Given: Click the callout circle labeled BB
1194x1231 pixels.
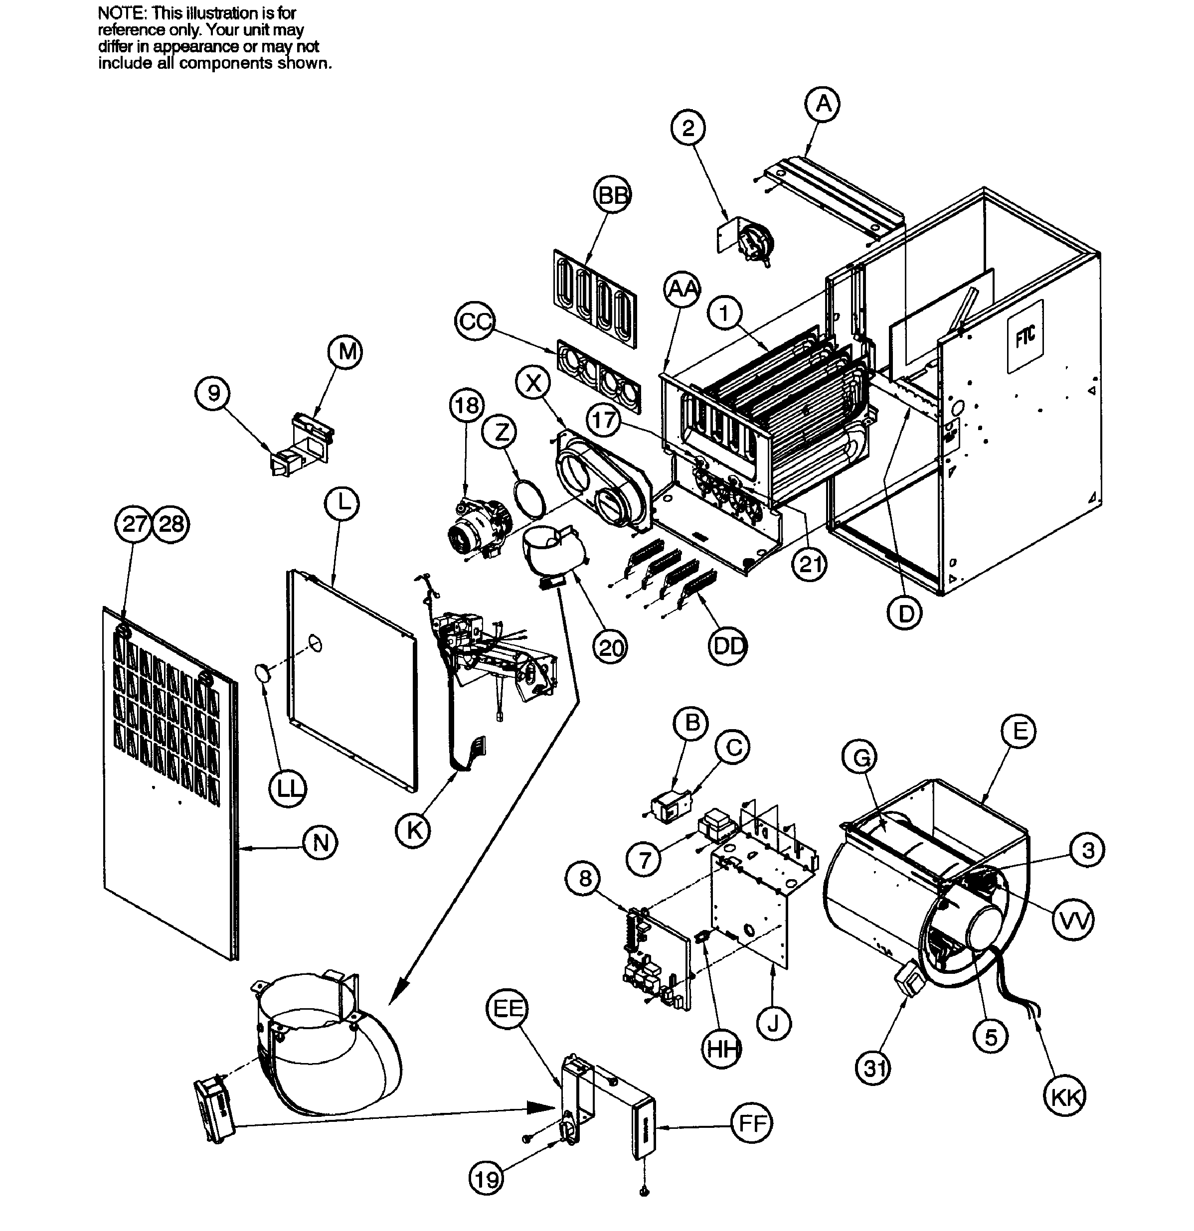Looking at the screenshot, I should [612, 195].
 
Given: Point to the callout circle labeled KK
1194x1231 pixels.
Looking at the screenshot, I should [1066, 1097].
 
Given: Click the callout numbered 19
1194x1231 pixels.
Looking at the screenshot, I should [487, 1180].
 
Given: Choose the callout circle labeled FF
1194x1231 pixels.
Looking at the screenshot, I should [752, 1122].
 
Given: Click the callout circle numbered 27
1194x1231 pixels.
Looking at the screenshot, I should [133, 523].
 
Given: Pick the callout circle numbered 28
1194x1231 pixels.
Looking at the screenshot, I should [171, 523].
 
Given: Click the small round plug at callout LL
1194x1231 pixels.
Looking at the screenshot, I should [263, 672].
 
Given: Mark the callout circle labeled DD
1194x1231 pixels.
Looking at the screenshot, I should [728, 645].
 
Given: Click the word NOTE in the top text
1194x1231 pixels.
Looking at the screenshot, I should [120, 13].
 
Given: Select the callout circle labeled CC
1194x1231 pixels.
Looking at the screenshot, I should [475, 321].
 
